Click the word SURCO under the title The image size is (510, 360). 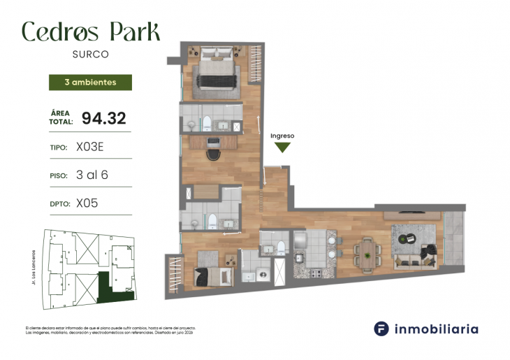(90, 53)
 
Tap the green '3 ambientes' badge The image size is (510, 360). (90, 82)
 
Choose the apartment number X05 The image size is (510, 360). (87, 203)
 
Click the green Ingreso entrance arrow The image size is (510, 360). (282, 147)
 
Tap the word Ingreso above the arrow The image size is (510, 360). (282, 136)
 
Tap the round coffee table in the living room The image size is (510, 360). (405, 240)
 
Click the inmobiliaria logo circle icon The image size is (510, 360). (381, 329)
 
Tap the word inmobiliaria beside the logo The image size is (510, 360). (436, 329)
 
